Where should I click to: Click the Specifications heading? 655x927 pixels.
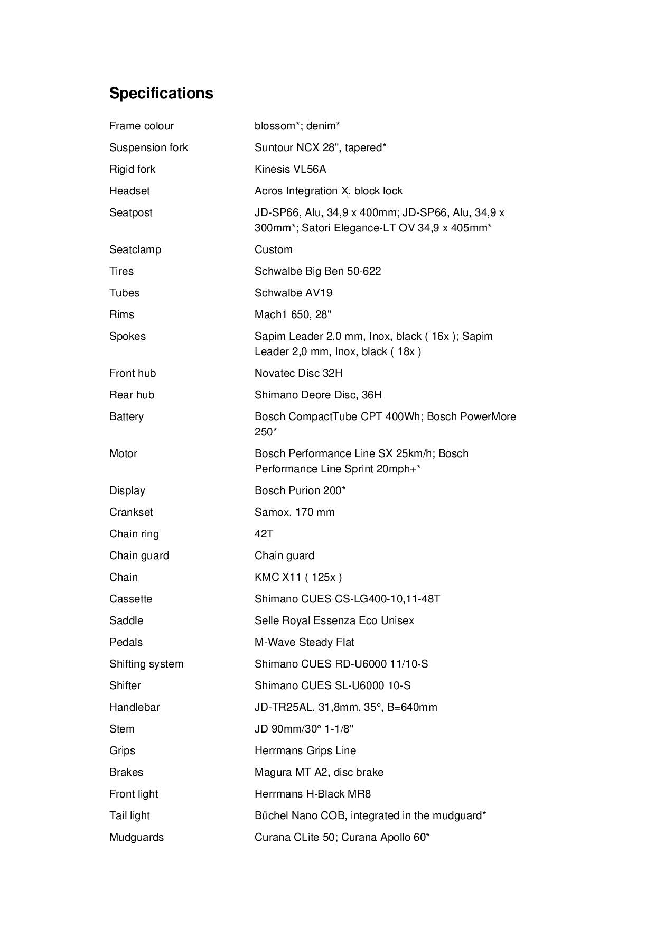click(x=161, y=93)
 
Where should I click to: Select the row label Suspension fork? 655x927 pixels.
click(x=148, y=147)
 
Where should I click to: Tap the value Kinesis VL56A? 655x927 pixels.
click(x=290, y=169)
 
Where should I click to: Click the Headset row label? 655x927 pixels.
click(x=129, y=191)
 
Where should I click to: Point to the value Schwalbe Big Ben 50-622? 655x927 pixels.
click(x=317, y=271)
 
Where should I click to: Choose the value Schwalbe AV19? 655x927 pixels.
click(x=293, y=293)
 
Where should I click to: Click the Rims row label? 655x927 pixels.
click(x=121, y=314)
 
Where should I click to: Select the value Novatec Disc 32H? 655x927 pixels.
click(x=298, y=373)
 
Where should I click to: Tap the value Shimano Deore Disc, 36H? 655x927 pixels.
click(x=318, y=395)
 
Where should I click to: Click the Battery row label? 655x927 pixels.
click(x=126, y=416)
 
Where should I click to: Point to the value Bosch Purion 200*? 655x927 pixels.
click(x=300, y=490)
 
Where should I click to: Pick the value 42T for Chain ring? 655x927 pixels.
click(x=264, y=534)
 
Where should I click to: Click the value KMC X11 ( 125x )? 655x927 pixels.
click(x=298, y=577)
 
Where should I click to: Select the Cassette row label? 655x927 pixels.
click(x=130, y=599)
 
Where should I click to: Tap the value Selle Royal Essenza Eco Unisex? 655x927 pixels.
click(x=334, y=620)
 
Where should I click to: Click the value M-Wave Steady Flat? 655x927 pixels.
click(x=304, y=642)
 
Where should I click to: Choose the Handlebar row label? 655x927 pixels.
click(x=134, y=707)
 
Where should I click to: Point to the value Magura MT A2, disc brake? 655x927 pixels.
click(x=319, y=772)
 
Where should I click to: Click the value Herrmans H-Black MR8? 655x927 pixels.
click(x=313, y=794)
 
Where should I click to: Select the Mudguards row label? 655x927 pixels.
click(x=136, y=837)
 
